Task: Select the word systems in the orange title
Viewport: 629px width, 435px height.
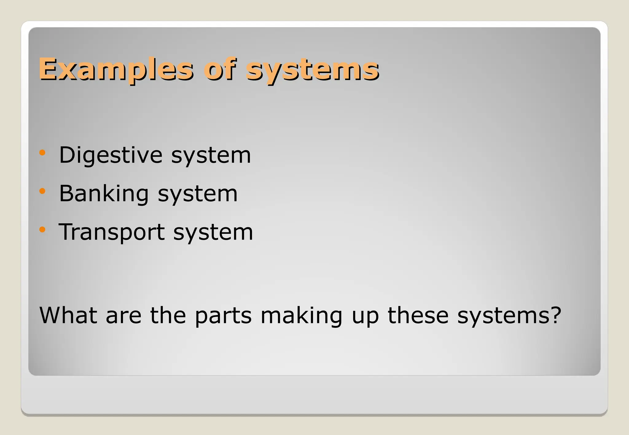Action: [x=312, y=71]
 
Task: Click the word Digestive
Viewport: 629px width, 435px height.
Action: [x=110, y=156]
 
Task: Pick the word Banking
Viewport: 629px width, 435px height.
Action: [x=104, y=194]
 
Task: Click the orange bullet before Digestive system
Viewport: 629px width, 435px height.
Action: [x=42, y=152]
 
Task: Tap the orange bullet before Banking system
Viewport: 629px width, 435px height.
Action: [x=42, y=191]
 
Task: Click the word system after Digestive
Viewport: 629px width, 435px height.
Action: [x=211, y=156]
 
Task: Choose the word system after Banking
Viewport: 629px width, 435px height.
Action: [x=197, y=195]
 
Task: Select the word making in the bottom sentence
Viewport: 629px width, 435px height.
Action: [x=301, y=317]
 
